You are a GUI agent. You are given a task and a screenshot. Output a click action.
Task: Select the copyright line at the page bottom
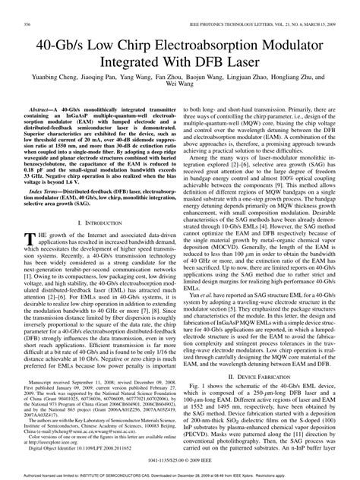click(180, 461)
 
